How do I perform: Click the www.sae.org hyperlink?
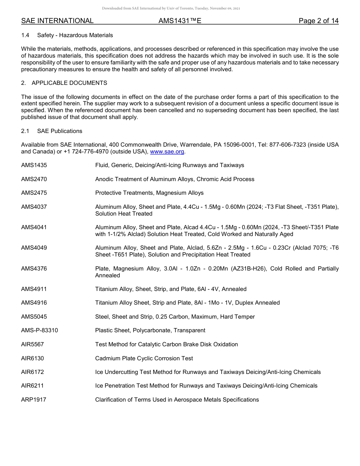point(167,152)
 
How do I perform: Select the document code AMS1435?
point(34,165)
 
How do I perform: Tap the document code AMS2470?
point(34,179)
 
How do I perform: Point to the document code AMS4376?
point(34,269)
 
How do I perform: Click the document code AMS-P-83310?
point(39,330)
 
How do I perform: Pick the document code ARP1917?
point(34,400)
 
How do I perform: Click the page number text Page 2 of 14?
point(318,21)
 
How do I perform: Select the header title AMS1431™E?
point(180,21)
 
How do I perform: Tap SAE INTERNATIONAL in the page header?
point(57,21)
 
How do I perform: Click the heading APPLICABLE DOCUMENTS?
point(69,83)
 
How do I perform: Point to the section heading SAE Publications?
point(59,131)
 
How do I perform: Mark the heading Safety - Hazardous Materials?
point(75,35)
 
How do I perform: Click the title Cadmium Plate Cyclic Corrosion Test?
point(144,358)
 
